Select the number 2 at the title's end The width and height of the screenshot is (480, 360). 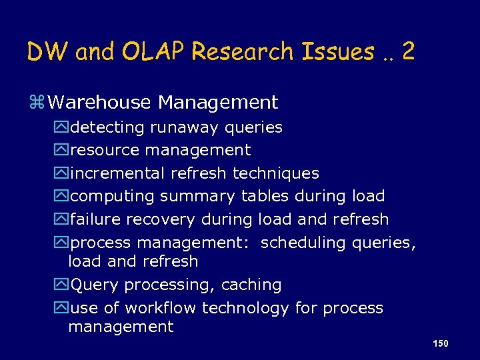pos(408,51)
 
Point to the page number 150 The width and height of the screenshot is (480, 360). pos(440,343)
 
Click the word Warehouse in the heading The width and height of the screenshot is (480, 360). pos(100,103)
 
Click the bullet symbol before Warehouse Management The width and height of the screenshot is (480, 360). pos(36,103)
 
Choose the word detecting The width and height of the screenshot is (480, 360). pos(107,127)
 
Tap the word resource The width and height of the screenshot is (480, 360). pos(105,151)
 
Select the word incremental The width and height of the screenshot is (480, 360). pos(117,173)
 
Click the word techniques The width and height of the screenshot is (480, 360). pos(275,173)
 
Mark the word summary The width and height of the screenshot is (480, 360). pos(197,197)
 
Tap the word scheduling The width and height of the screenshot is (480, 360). pos(303,243)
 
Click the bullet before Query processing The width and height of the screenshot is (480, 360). pos(61,285)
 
